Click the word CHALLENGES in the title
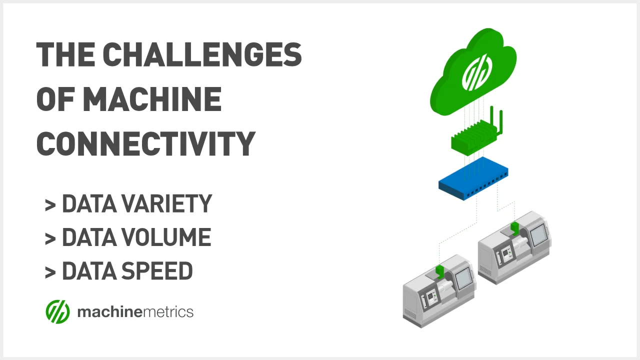[x=202, y=54]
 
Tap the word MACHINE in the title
[x=152, y=99]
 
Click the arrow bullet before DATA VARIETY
[x=50, y=205]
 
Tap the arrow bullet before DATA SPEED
[x=50, y=272]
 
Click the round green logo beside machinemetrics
[x=57, y=311]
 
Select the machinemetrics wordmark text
[x=135, y=311]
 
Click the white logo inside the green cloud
[x=477, y=72]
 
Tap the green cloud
[x=473, y=72]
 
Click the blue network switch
[x=473, y=178]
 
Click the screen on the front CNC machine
[x=463, y=277]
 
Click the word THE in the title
[x=65, y=54]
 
